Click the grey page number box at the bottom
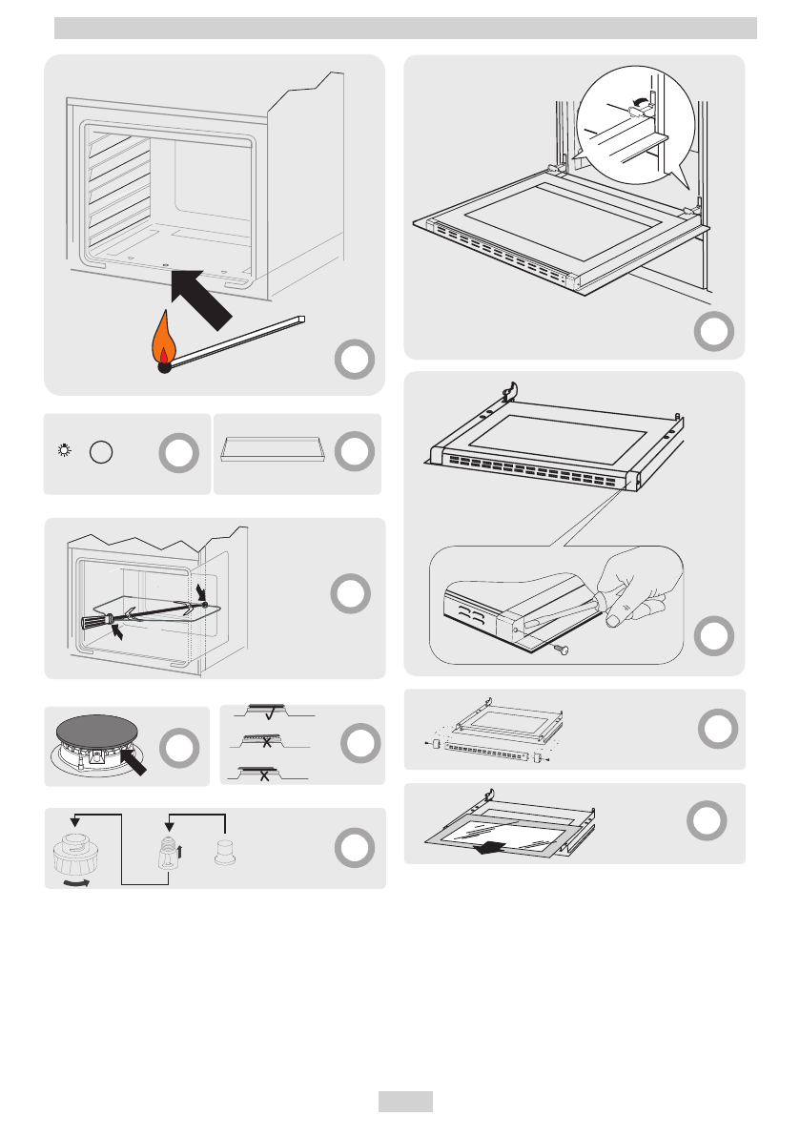coord(405,1102)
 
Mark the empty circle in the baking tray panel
coord(353,451)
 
